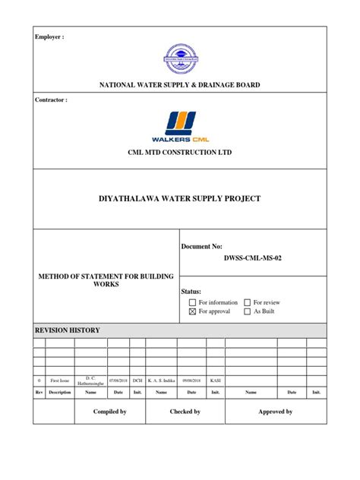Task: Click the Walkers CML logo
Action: coord(180,127)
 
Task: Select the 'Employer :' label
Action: coord(48,36)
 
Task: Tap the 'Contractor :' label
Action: coord(51,99)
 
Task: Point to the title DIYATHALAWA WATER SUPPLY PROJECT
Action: coord(180,199)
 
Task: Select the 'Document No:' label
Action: coord(202,248)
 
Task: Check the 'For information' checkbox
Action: coord(193,302)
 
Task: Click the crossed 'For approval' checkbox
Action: coord(193,311)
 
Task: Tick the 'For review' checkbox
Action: coord(248,302)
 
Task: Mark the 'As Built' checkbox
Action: coord(248,311)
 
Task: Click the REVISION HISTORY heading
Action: coord(68,330)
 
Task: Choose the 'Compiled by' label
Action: coord(109,411)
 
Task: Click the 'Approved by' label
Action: coord(274,411)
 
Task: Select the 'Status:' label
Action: coord(191,292)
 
